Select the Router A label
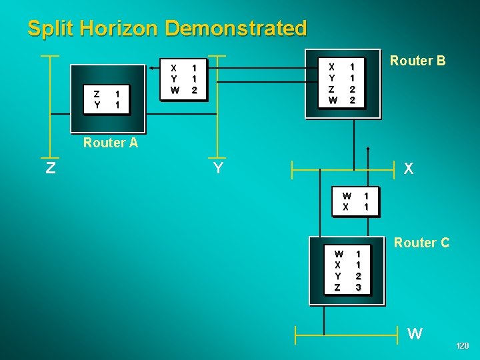point(111,143)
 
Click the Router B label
point(417,61)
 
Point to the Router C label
point(421,243)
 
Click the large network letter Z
point(50,168)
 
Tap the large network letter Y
point(218,168)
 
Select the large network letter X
point(409,169)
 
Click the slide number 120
point(462,346)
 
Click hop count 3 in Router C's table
point(358,287)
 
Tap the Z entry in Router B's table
point(331,89)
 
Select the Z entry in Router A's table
point(97,94)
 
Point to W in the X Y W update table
point(175,90)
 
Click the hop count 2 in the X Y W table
point(194,90)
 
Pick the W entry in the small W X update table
point(347,196)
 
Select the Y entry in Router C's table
point(338,276)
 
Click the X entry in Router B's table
point(331,67)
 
